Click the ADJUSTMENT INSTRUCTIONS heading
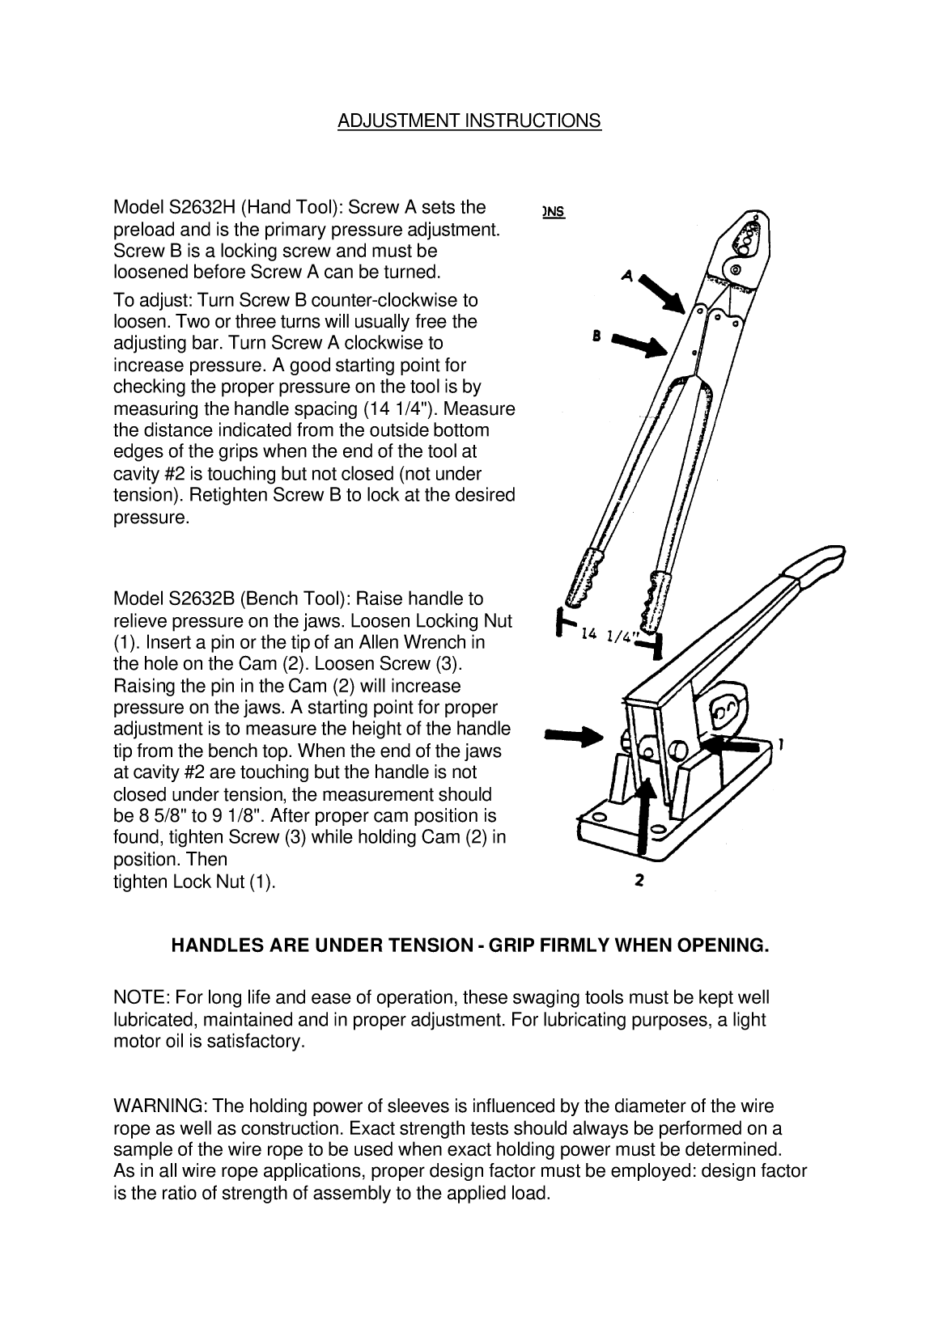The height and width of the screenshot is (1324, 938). click(469, 121)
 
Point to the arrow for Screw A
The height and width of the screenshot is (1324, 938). click(664, 294)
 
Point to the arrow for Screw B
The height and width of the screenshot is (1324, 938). click(642, 345)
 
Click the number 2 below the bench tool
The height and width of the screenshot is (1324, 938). click(639, 882)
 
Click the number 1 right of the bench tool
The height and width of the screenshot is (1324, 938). click(779, 742)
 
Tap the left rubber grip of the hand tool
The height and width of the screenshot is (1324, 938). click(583, 581)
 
